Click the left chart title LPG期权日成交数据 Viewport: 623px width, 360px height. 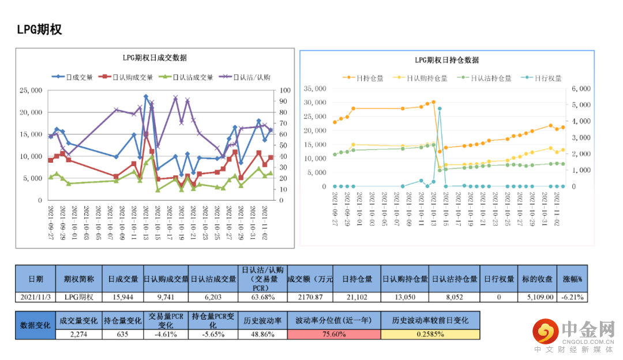pyautogui.click(x=154, y=58)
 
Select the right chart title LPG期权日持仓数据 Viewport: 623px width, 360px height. pyautogui.click(x=447, y=60)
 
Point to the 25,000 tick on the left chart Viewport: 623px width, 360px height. pyautogui.click(x=31, y=91)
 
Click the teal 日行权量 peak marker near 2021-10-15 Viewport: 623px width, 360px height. pyautogui.click(x=440, y=108)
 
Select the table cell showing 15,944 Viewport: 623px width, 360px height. pyautogui.click(x=123, y=297)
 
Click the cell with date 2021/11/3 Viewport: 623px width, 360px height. pyautogui.click(x=35, y=297)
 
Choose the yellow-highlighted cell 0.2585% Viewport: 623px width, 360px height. pyautogui.click(x=430, y=334)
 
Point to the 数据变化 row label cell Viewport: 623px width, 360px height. pyautogui.click(x=35, y=325)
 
